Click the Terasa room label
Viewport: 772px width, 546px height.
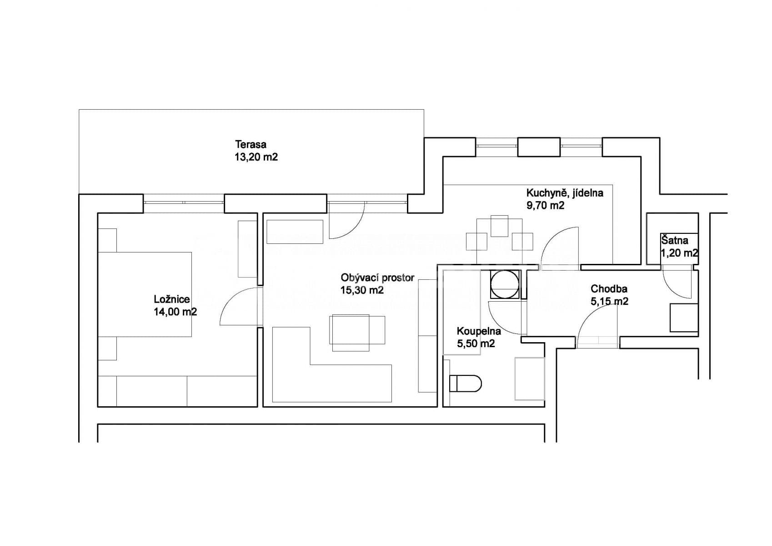coord(251,145)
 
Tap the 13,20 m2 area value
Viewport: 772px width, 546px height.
coord(256,157)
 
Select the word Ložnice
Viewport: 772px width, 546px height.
coord(171,299)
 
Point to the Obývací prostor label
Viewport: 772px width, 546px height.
coord(377,278)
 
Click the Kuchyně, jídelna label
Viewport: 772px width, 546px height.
coord(565,193)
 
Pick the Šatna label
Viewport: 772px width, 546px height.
coord(674,240)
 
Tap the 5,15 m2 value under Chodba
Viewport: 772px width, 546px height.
coord(609,301)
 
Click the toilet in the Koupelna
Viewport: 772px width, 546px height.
coord(465,384)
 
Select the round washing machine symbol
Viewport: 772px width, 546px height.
coord(504,284)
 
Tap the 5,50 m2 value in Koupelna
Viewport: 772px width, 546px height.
coord(476,344)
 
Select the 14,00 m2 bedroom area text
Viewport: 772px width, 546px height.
coord(175,312)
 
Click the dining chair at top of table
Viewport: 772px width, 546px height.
coord(499,226)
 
